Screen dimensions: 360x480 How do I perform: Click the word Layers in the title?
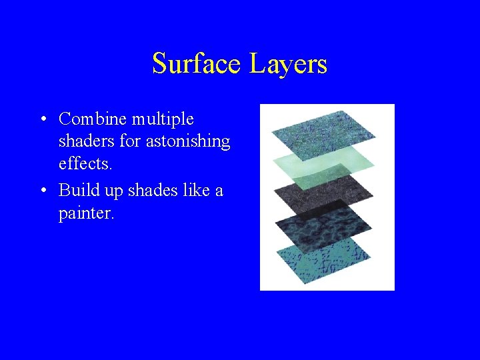pyautogui.click(x=289, y=64)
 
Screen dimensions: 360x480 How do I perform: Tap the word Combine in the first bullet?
pyautogui.click(x=93, y=119)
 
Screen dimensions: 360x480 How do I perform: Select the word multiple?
pyautogui.click(x=163, y=119)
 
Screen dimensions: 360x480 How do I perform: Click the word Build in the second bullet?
pyautogui.click(x=78, y=190)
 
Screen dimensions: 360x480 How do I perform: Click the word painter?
pyautogui.click(x=86, y=214)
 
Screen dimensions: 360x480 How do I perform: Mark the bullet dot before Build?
pyautogui.click(x=42, y=191)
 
